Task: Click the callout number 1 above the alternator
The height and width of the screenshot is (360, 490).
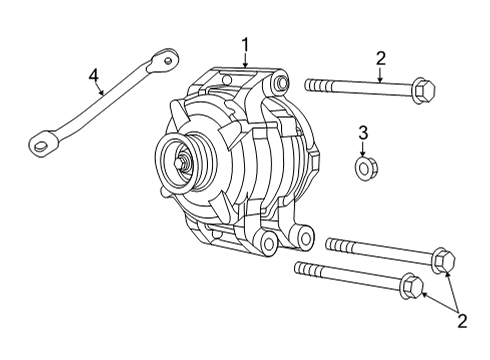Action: (x=244, y=45)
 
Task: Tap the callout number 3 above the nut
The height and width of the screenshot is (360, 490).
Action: (x=364, y=132)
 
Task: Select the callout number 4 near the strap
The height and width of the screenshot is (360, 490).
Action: (x=93, y=74)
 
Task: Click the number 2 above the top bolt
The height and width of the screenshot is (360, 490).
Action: (x=380, y=58)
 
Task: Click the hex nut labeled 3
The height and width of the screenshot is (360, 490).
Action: (x=365, y=165)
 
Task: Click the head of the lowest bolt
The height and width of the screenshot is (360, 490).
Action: (x=410, y=287)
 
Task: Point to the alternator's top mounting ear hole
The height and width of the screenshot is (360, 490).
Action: (x=281, y=82)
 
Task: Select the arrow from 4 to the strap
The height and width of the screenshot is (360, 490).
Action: (x=99, y=88)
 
